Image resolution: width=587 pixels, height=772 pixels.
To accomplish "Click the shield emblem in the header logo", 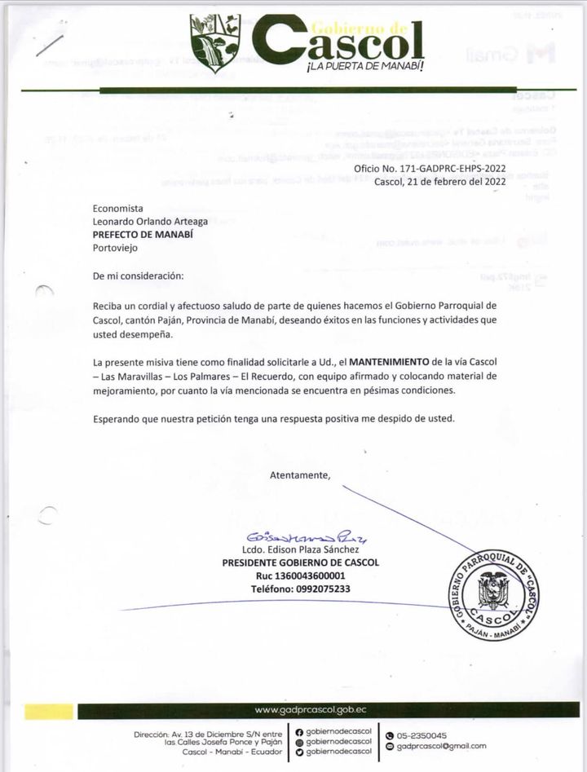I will (x=215, y=42).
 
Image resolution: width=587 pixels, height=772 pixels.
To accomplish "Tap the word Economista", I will (x=118, y=209).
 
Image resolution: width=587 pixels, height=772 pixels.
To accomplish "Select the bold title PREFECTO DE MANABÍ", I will (x=143, y=233).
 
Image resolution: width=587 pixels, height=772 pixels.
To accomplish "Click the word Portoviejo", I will (x=117, y=246).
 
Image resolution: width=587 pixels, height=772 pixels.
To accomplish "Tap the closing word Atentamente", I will (x=300, y=474).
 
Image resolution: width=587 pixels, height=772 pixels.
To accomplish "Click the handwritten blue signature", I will (x=299, y=538).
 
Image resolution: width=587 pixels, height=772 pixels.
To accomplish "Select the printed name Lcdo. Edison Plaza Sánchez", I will (x=301, y=550).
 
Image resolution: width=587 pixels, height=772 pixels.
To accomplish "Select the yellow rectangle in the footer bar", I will (x=48, y=711).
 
